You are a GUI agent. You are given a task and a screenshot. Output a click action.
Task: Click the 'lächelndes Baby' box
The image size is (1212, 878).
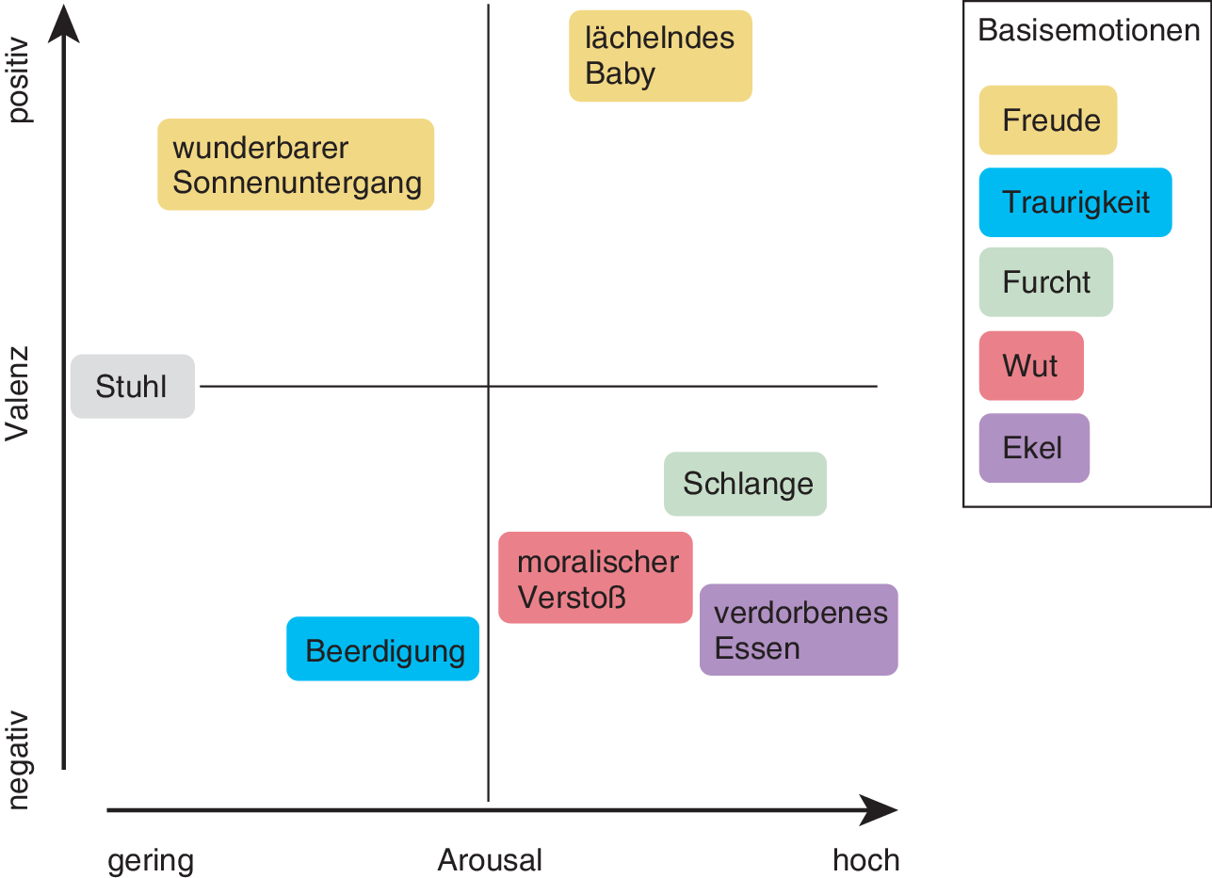pyautogui.click(x=660, y=56)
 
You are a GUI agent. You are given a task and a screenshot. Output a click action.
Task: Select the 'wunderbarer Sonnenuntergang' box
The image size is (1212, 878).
pyautogui.click(x=296, y=165)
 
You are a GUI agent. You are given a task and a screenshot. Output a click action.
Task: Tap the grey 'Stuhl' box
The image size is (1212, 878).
pyautogui.click(x=133, y=386)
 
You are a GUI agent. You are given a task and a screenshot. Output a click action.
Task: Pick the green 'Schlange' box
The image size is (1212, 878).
pyautogui.click(x=745, y=484)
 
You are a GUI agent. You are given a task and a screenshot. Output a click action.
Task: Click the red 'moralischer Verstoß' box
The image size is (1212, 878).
pyautogui.click(x=595, y=578)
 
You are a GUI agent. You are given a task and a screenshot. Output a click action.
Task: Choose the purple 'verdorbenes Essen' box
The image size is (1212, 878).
pyautogui.click(x=799, y=630)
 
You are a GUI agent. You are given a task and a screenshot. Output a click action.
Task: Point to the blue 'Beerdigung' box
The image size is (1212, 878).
pyautogui.click(x=383, y=648)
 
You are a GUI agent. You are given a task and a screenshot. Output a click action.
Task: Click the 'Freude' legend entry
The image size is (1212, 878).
pyautogui.click(x=1048, y=120)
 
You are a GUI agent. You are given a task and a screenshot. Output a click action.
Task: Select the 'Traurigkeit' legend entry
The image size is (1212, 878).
pyautogui.click(x=1075, y=202)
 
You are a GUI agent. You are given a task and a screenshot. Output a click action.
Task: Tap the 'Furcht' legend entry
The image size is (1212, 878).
pyautogui.click(x=1046, y=282)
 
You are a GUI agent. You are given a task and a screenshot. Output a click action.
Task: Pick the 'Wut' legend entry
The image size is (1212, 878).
pyautogui.click(x=1031, y=365)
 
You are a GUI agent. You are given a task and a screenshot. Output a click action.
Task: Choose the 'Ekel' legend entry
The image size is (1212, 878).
pyautogui.click(x=1034, y=448)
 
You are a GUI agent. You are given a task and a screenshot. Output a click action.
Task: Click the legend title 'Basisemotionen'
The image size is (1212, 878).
pyautogui.click(x=1089, y=30)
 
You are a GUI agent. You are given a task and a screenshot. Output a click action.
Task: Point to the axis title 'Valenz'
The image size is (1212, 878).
pyautogui.click(x=18, y=394)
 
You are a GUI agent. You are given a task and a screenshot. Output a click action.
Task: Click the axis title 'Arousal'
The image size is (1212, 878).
pyautogui.click(x=490, y=860)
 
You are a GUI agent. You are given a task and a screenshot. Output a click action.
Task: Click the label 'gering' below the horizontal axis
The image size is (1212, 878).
pyautogui.click(x=151, y=860)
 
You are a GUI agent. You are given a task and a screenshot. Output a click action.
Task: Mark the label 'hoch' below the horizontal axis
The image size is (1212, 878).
pyautogui.click(x=865, y=860)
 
